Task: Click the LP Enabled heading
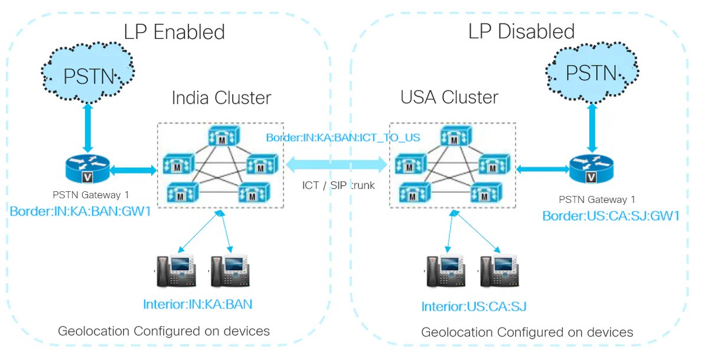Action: coord(174,31)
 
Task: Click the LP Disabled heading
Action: coord(521,31)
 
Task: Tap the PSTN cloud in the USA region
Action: coord(590,73)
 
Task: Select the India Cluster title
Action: coord(221,97)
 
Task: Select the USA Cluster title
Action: coord(449,97)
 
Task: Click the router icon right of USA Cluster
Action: coord(590,169)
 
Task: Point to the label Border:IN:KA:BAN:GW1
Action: coord(80,211)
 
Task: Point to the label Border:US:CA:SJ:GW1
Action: coord(611,216)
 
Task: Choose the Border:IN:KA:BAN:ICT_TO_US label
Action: coord(343,138)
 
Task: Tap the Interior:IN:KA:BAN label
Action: coord(197,305)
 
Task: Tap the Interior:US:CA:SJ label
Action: coord(474,306)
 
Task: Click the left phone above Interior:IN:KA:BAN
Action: coord(174,271)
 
